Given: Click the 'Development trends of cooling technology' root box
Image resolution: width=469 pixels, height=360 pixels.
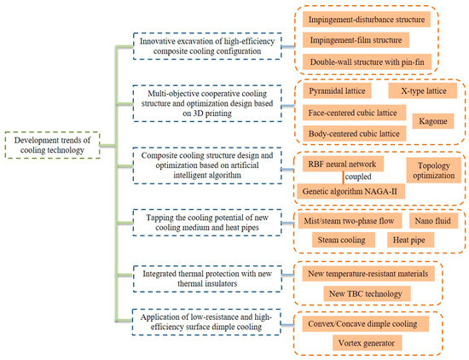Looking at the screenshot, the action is click(x=52, y=145).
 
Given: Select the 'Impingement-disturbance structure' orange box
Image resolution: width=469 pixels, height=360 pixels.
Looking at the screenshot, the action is click(x=367, y=20).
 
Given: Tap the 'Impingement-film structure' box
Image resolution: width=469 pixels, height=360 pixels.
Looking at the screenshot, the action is click(x=356, y=40).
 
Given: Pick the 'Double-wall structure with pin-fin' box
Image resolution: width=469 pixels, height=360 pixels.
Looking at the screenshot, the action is click(x=367, y=62).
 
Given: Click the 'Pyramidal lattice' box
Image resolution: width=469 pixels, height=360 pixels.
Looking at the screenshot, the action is click(x=337, y=90).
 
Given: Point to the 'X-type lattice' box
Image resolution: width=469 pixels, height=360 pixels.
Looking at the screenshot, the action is click(x=423, y=90).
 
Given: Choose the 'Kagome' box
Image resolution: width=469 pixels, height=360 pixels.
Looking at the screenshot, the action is click(x=433, y=121).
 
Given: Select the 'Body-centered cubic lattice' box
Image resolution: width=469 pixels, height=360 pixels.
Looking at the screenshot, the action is click(x=354, y=133).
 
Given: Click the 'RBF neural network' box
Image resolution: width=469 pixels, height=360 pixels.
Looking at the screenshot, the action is click(x=343, y=164).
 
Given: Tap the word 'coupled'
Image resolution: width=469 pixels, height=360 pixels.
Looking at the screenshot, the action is click(x=358, y=177).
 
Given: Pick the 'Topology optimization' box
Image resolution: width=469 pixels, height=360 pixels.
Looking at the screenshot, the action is click(x=434, y=171).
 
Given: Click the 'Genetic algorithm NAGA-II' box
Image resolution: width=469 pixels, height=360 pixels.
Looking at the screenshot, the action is click(x=350, y=191).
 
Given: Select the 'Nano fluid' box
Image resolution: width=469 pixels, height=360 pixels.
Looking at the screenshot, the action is click(x=433, y=221).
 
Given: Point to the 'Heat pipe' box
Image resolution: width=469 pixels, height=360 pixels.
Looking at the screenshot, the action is click(x=410, y=240).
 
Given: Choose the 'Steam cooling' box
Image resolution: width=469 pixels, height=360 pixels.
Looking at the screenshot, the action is click(x=344, y=240).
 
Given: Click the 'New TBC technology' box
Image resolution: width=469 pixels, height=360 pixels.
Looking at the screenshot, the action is click(x=367, y=293).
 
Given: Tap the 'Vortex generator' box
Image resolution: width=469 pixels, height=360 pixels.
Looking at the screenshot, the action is click(x=367, y=343).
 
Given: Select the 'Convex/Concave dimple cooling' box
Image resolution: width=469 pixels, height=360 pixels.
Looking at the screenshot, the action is click(x=366, y=324).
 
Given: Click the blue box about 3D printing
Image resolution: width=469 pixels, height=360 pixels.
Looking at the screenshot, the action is click(x=207, y=103).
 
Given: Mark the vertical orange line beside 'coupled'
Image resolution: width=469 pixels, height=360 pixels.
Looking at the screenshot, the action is click(x=343, y=177).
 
